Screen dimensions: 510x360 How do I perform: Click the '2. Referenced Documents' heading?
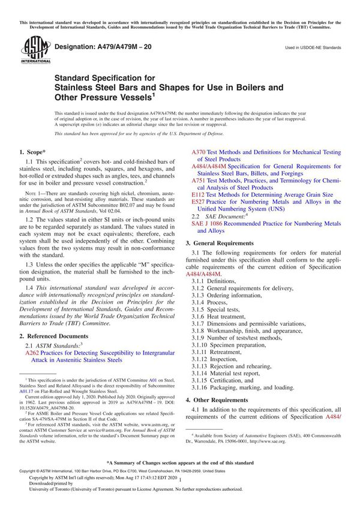[53, 335]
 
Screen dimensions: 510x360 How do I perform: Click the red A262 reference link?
[32, 353]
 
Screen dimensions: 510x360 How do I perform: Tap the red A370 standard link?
[199, 152]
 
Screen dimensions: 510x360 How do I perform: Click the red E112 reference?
[198, 195]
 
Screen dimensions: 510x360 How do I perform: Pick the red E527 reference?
[198, 203]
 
